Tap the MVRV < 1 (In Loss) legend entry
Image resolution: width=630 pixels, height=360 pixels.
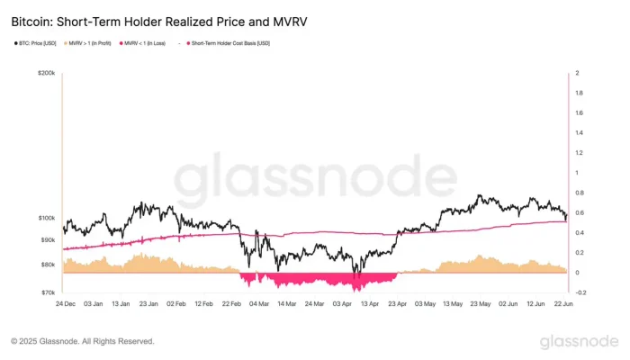pos(145,42)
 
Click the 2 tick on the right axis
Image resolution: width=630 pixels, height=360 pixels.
pos(577,74)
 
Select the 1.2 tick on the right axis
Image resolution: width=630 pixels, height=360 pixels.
pos(579,153)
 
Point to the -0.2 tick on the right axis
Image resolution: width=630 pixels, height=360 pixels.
pos(580,292)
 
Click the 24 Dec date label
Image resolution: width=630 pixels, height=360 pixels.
pos(65,304)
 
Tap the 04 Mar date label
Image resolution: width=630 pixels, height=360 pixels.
pos(259,304)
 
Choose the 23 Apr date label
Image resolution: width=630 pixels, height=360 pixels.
pos(398,304)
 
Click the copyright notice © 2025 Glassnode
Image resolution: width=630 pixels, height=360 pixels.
pos(82,342)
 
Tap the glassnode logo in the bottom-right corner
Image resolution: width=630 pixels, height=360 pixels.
pos(579,341)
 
